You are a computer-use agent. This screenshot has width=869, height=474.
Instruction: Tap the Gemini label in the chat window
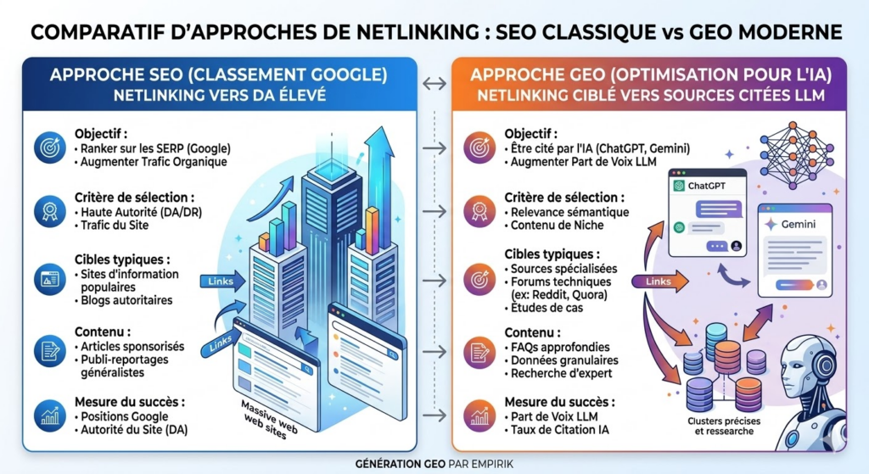(798, 224)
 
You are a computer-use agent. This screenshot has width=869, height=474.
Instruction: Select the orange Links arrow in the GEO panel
(659, 282)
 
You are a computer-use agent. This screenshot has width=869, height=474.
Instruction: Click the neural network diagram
(795, 155)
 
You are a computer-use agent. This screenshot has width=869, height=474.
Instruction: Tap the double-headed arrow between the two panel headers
(434, 84)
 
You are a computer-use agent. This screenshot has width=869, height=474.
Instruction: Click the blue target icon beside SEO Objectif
(50, 148)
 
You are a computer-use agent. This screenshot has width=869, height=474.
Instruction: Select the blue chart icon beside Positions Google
(50, 415)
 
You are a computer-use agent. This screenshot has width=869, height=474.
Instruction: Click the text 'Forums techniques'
(560, 282)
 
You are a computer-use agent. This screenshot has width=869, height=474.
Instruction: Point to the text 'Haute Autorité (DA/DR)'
(142, 212)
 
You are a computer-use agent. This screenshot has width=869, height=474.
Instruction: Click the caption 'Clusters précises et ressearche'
(724, 426)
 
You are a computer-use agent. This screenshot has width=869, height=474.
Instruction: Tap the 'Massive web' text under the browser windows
(270, 415)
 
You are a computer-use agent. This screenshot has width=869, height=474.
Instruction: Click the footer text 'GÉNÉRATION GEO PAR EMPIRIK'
(434, 464)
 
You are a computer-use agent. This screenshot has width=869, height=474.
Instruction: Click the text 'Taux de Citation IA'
(560, 430)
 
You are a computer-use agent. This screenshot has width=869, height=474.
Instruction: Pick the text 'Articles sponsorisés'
(132, 347)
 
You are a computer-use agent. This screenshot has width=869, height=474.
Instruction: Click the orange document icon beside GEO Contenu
(479, 352)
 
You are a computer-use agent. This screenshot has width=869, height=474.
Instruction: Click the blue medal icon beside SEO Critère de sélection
(50, 211)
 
